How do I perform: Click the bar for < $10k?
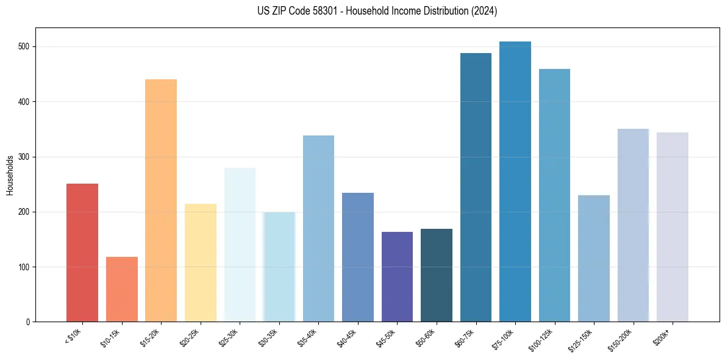click(82, 253)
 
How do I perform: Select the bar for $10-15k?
click(122, 289)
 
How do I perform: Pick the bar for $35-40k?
click(318, 228)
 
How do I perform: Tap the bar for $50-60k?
click(437, 275)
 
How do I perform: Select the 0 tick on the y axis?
click(29, 322)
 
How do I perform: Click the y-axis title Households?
click(10, 175)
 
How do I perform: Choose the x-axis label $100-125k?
click(542, 339)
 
